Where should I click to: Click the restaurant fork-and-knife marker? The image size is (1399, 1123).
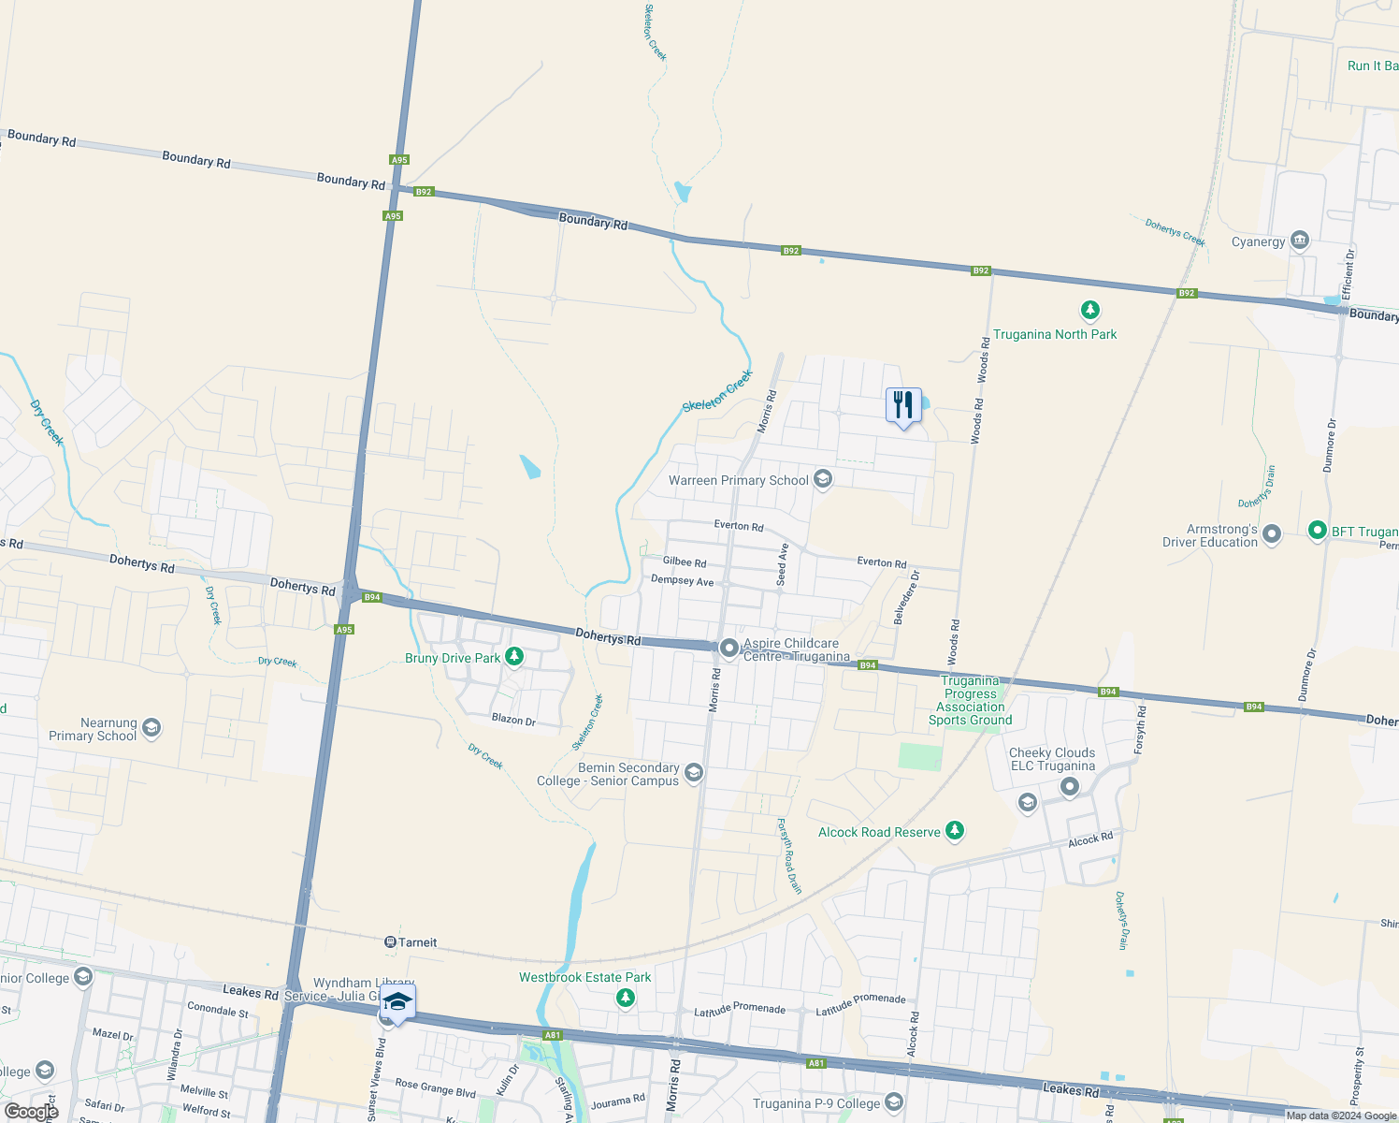[x=902, y=405]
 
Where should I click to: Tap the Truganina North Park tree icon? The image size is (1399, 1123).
[x=1089, y=310]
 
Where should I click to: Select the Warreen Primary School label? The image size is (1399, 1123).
[x=738, y=480]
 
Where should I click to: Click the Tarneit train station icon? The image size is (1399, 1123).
[x=390, y=941]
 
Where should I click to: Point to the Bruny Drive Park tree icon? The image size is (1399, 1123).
[x=513, y=657]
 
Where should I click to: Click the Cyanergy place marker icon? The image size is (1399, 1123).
[x=1299, y=241]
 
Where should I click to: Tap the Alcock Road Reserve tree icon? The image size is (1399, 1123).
[x=954, y=830]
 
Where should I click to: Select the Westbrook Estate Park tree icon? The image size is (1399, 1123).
[x=626, y=998]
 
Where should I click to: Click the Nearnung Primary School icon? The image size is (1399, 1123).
[x=151, y=727]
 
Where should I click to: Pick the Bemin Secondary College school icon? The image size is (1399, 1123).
[x=694, y=772]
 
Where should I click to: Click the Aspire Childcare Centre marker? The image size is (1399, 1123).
[x=729, y=648]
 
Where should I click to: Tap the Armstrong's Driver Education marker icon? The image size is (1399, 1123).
[x=1271, y=534]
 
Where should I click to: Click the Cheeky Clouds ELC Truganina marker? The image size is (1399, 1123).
[x=1070, y=787]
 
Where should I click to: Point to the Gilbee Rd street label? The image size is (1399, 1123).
[x=685, y=561]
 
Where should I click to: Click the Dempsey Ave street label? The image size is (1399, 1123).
[x=682, y=581]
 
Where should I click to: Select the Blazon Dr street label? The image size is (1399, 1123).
[x=513, y=720]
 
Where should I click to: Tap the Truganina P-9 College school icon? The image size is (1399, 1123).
[x=894, y=1101]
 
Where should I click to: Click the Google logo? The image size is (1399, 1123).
[x=31, y=1112]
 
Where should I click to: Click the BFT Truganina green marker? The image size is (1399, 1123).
[x=1317, y=531]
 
